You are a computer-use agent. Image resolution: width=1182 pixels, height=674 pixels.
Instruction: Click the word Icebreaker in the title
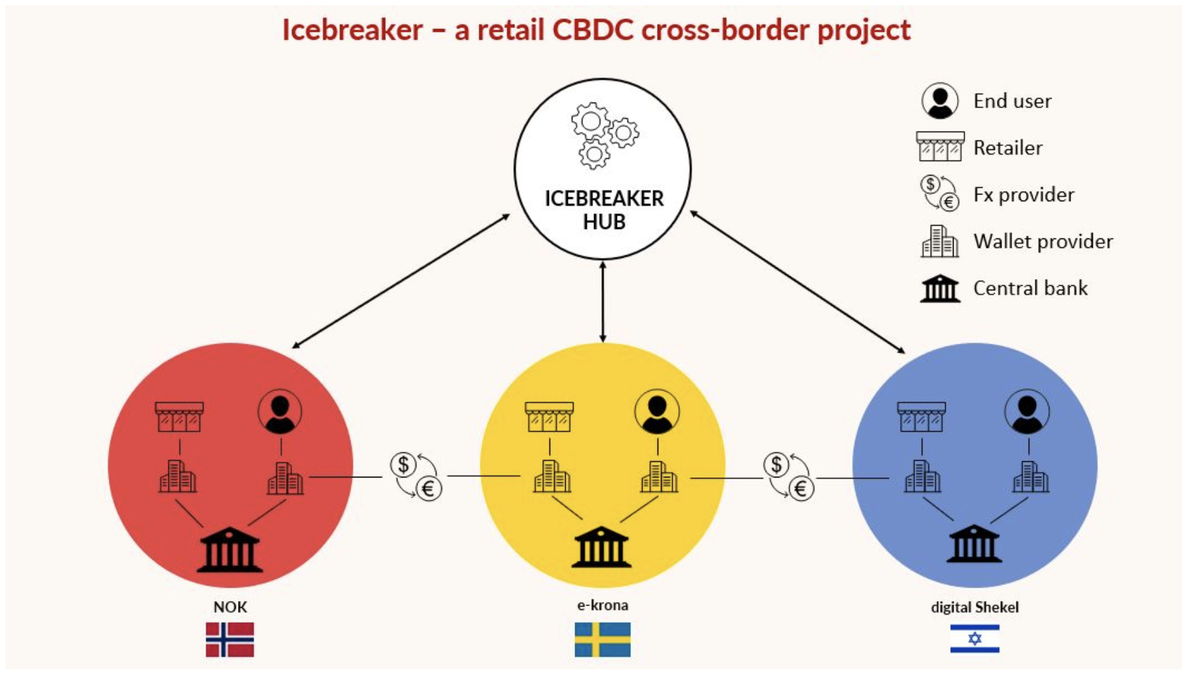pos(352,30)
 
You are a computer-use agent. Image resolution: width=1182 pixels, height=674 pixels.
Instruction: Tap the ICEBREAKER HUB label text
pos(604,210)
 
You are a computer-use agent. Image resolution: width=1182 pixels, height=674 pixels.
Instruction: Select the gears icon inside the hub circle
pos(604,135)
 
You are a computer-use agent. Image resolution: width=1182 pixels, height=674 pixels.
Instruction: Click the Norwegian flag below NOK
pos(230,640)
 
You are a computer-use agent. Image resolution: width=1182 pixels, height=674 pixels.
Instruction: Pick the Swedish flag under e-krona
pos(602,640)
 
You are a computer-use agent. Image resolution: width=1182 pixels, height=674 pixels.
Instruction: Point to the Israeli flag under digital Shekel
pos(975,639)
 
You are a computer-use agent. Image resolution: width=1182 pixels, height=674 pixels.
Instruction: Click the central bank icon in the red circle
pos(230,550)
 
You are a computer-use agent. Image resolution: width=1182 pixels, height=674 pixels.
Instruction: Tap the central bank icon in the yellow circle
pos(601,547)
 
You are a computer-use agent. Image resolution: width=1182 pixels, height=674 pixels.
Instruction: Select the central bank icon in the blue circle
pos(974,544)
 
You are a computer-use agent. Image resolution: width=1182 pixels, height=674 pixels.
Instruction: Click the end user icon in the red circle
pos(280,411)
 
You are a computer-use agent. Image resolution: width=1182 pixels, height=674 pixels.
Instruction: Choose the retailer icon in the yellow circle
pos(549,417)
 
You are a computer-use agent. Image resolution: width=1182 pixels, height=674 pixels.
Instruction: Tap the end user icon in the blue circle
pos(1027,411)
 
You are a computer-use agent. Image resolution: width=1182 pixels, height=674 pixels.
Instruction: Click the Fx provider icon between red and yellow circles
pos(416,476)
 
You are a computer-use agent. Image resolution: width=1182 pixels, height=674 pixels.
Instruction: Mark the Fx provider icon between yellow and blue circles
pos(789,476)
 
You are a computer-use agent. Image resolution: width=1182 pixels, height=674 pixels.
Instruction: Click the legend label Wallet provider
pos(1043,241)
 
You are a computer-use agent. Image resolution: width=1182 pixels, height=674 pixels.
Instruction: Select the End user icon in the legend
pos(939,101)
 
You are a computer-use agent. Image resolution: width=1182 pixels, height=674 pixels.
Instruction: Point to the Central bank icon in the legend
pos(940,288)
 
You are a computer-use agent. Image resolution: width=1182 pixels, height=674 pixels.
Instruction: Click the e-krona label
pos(602,605)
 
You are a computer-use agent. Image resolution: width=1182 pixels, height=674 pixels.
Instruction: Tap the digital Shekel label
pos(975,607)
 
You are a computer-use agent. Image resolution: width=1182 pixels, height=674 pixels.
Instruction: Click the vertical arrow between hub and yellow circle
pos(603,302)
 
